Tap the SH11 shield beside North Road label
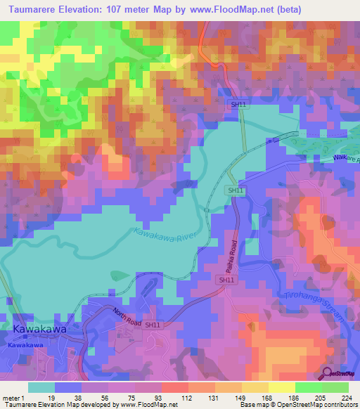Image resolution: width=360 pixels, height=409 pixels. coord(153,325)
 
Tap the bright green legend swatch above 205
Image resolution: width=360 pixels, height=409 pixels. coord(309,387)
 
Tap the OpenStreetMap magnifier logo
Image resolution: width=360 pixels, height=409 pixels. coord(327,372)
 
